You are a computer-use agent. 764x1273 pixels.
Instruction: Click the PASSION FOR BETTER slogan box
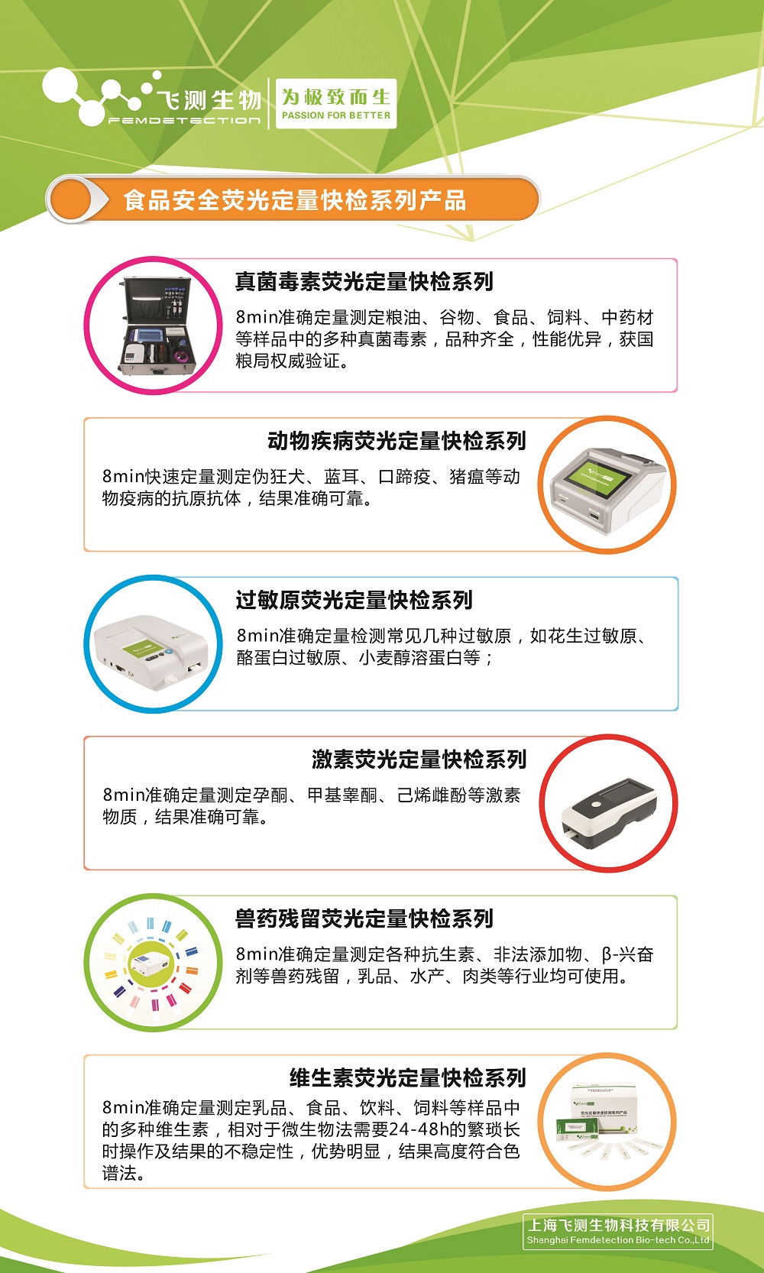(x=336, y=103)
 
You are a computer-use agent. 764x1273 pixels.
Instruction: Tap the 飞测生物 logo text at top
(x=209, y=100)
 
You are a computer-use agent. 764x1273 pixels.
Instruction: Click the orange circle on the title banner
(x=71, y=199)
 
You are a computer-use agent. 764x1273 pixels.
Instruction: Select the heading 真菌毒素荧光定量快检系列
(x=364, y=282)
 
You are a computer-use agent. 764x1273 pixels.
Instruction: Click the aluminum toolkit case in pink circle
(x=157, y=326)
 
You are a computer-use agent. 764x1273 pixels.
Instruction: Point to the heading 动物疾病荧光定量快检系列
(x=397, y=441)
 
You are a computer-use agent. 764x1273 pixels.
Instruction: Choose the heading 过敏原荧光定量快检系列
(x=354, y=600)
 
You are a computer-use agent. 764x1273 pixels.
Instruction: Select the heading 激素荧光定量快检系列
(x=419, y=760)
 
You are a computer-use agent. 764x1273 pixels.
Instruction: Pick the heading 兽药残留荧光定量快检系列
(x=364, y=918)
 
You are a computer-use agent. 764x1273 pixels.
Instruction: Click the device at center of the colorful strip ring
(x=151, y=963)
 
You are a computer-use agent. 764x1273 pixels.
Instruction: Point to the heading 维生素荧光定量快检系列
(x=407, y=1078)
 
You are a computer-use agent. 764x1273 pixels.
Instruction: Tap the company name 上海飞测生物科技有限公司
(x=618, y=1226)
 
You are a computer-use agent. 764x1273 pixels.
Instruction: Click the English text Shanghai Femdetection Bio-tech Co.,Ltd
(x=618, y=1240)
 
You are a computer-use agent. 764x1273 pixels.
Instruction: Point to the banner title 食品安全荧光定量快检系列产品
(x=295, y=200)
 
